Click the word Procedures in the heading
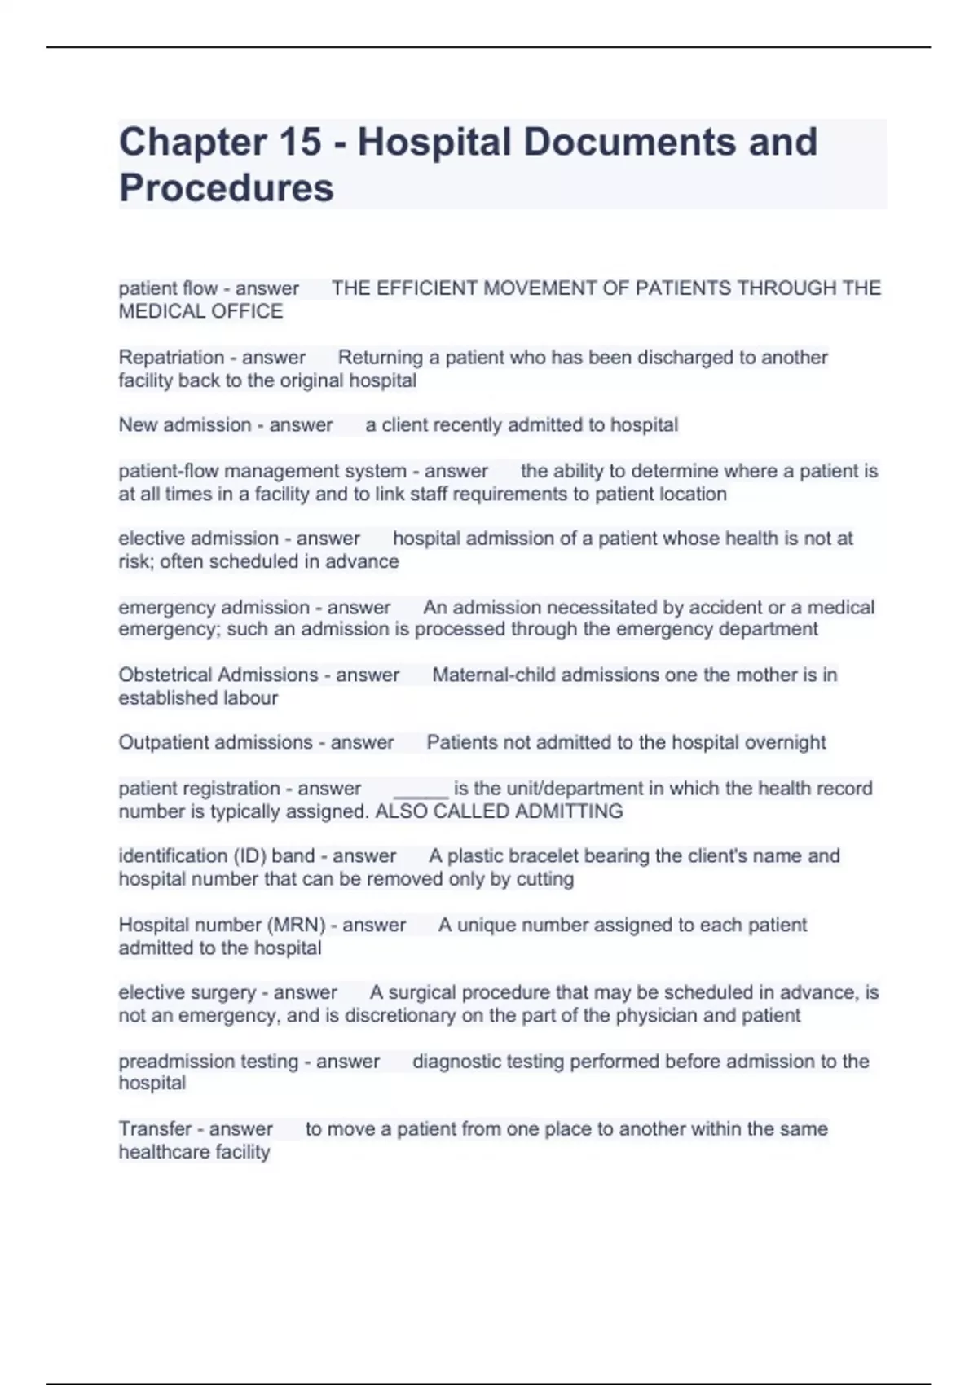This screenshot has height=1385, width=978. (x=227, y=187)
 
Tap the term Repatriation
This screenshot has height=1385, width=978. (x=160, y=358)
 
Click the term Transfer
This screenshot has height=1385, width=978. (x=155, y=1129)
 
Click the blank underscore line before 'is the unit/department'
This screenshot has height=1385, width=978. (x=421, y=789)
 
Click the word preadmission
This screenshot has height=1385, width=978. (x=168, y=1062)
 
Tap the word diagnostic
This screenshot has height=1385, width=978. (x=456, y=1062)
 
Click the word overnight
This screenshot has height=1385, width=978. (x=784, y=743)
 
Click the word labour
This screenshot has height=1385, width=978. (x=253, y=698)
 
